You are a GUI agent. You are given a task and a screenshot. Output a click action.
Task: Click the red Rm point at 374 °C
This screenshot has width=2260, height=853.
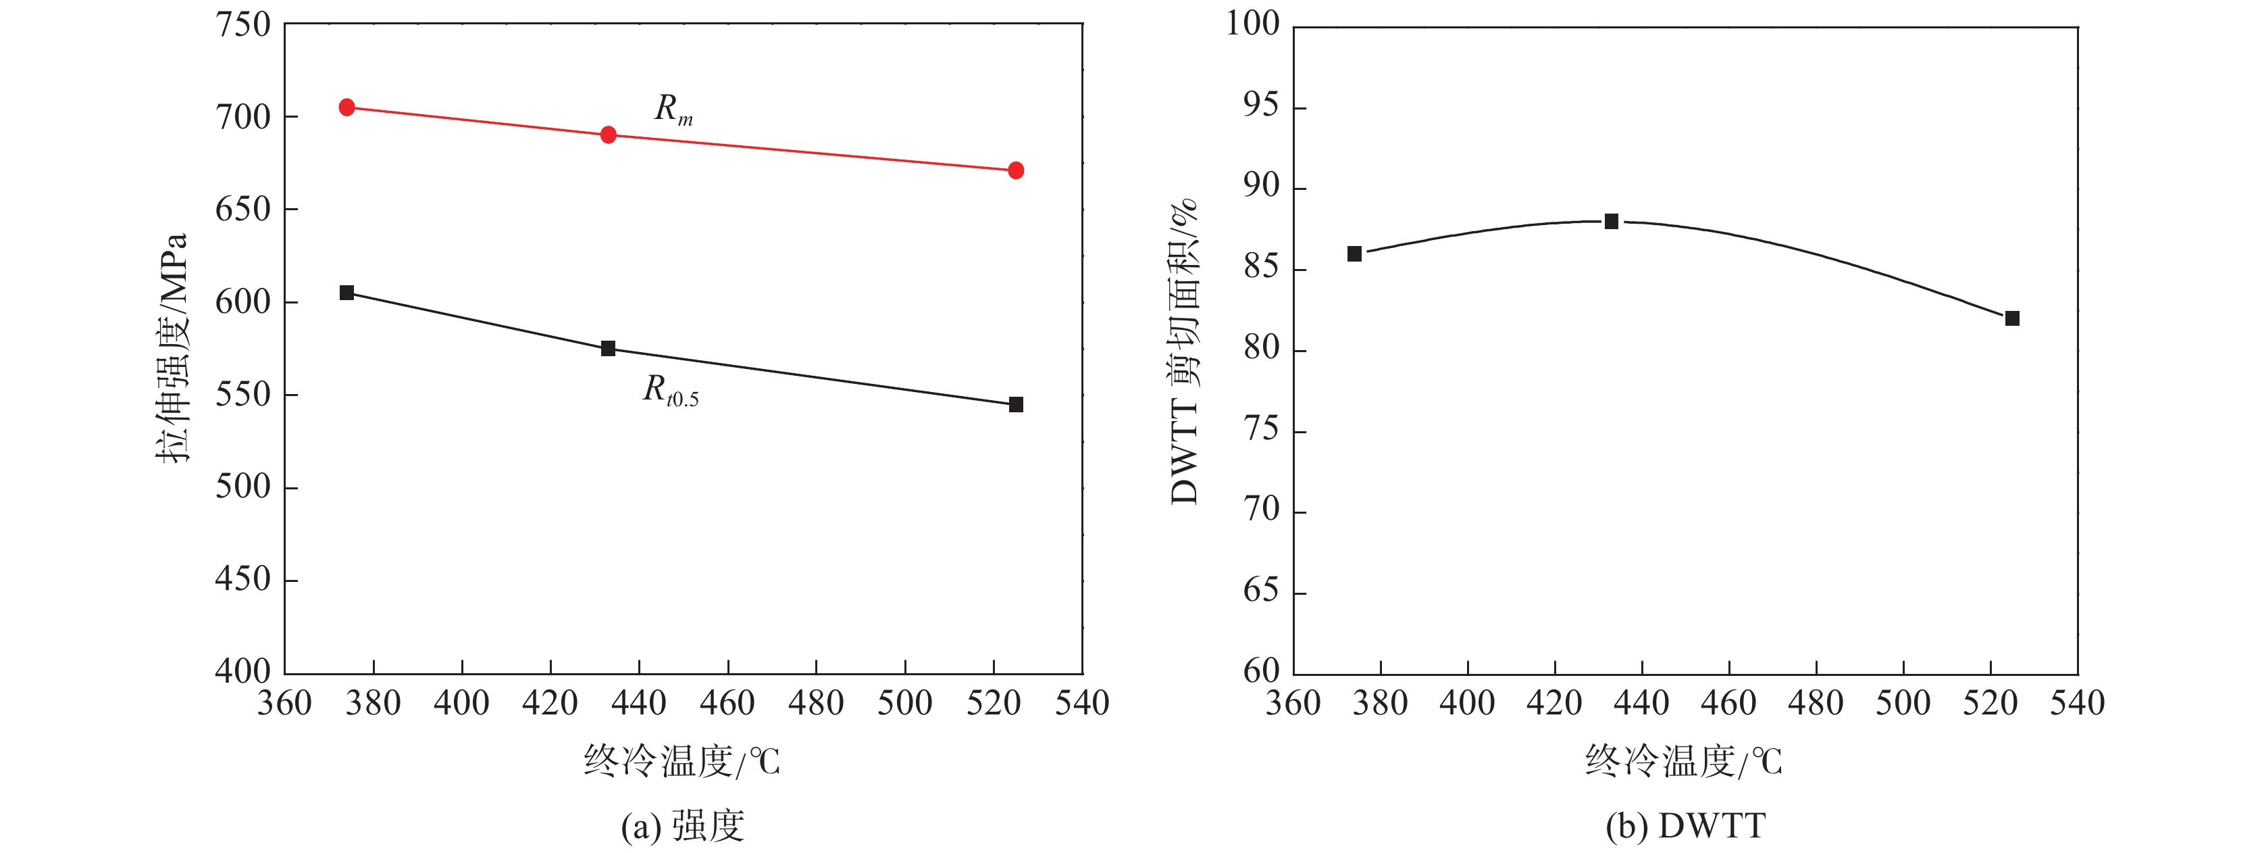point(346,107)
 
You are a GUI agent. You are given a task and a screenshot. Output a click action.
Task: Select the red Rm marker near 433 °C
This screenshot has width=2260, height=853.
point(608,135)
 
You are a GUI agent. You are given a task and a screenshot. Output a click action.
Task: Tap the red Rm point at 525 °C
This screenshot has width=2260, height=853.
point(1016,170)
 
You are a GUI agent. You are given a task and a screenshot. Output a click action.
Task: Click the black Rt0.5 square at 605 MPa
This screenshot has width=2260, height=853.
point(346,292)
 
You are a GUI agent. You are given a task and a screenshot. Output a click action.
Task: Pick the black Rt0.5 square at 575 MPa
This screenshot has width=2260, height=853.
point(608,348)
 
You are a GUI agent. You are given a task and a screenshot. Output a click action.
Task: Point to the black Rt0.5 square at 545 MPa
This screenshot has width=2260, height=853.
point(1016,405)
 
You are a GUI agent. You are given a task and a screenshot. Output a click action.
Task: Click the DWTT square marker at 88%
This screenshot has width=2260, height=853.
point(1612,221)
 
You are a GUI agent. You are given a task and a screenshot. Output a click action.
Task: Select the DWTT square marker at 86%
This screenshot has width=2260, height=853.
point(1355,253)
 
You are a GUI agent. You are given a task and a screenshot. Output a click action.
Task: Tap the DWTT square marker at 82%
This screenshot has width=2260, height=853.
point(2013,318)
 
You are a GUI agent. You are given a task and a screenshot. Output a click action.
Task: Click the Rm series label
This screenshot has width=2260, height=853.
point(673,109)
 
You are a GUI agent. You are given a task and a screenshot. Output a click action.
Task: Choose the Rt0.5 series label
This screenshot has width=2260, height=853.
point(670,391)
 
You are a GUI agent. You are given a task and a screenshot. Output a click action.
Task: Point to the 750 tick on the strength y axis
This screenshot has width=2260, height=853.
point(243,24)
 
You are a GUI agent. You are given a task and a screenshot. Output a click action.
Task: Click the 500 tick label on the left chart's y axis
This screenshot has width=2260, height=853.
point(243,486)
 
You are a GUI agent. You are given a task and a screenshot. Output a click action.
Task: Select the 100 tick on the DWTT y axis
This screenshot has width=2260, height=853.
point(1253,24)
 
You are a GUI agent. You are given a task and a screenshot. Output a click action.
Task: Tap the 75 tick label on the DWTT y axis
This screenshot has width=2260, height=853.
point(1262,430)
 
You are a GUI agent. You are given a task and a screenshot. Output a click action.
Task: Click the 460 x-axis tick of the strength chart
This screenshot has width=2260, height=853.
point(727,703)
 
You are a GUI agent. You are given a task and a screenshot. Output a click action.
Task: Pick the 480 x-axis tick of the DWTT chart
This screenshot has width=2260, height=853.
point(1816,703)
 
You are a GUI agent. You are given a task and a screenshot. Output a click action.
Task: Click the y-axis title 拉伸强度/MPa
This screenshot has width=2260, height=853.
point(173,347)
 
